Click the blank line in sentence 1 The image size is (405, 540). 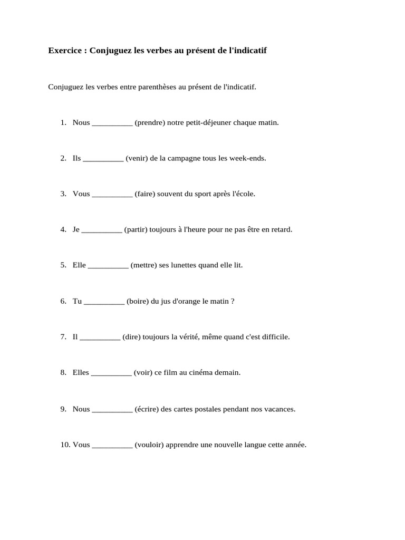(x=112, y=123)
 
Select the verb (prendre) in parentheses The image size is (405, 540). (x=150, y=122)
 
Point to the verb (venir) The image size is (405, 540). (x=137, y=158)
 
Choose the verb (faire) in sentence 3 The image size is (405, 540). (x=144, y=194)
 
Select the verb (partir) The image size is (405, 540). (x=136, y=229)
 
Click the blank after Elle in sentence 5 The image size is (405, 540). (x=108, y=266)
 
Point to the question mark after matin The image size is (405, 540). (x=233, y=301)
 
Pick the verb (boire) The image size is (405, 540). (x=138, y=301)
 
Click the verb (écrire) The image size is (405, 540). (x=147, y=409)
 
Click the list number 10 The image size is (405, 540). (x=65, y=445)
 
